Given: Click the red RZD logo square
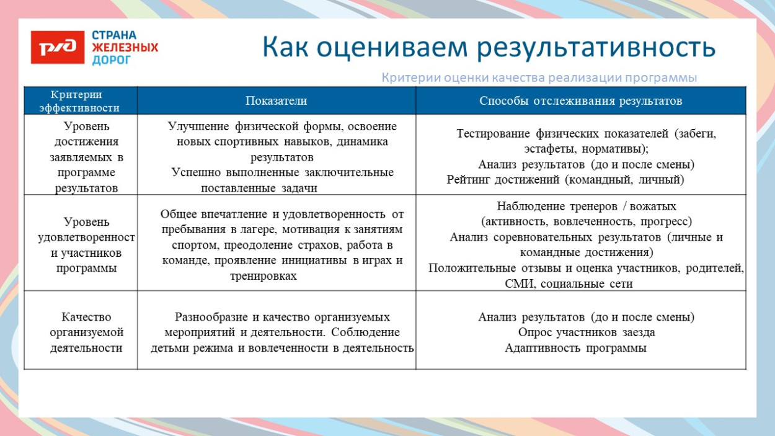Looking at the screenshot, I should [x=57, y=47].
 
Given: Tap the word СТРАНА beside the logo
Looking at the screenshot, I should [x=114, y=35].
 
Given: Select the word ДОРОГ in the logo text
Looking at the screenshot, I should [x=112, y=60].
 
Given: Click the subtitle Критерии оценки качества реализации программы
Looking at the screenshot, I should [x=539, y=78].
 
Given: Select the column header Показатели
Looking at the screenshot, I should [x=276, y=100].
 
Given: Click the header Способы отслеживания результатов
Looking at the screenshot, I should [x=580, y=100].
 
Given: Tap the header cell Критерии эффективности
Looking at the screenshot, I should [x=79, y=100].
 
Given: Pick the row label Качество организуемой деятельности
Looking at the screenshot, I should [x=86, y=332].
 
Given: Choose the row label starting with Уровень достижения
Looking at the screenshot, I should [x=86, y=157].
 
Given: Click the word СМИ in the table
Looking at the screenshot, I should [x=520, y=284].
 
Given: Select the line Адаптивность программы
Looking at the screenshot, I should [x=575, y=348].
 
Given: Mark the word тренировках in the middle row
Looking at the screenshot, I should [x=263, y=276].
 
